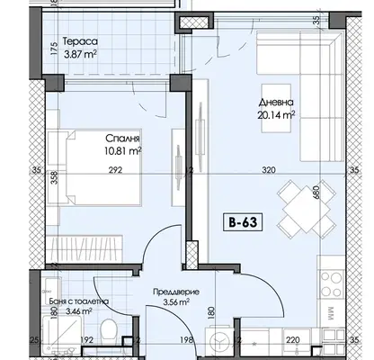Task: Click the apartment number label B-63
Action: tap(243, 222)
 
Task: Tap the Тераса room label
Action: tap(80, 41)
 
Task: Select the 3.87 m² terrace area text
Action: tap(80, 55)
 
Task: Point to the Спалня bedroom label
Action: tap(122, 139)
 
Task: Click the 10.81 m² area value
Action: tap(123, 151)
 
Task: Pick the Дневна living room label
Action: tap(276, 103)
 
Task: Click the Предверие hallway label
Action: tap(176, 292)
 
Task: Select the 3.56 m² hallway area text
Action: tap(176, 301)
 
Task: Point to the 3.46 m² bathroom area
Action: tap(78, 311)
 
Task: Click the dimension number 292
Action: tap(115, 170)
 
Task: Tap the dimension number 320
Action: tap(269, 170)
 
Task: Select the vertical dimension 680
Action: tap(316, 192)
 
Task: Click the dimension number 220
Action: tap(292, 340)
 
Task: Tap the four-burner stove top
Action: tap(331, 283)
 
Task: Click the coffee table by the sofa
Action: tap(276, 108)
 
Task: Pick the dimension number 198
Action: tap(185, 340)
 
